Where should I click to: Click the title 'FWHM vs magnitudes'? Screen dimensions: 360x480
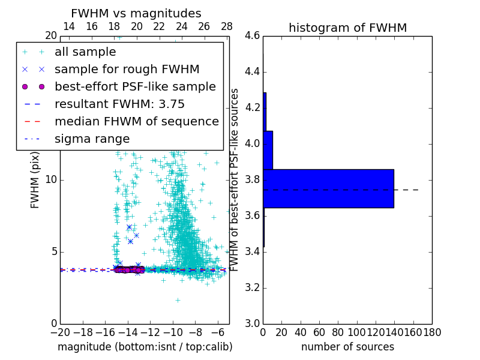[x=136, y=13]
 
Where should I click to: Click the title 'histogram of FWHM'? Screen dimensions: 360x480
[x=347, y=28]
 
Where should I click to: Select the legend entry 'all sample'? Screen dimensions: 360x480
[x=85, y=52]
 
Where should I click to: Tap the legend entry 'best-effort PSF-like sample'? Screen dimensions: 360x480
[x=135, y=86]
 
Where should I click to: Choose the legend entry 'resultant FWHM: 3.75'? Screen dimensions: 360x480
[x=119, y=104]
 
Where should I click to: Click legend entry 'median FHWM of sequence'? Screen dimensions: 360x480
[x=136, y=121]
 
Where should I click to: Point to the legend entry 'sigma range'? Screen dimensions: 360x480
[x=92, y=139]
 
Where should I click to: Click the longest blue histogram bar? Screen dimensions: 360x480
[x=328, y=188]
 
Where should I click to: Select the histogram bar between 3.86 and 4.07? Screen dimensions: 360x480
[x=268, y=150]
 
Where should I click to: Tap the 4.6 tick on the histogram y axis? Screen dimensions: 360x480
[x=252, y=36]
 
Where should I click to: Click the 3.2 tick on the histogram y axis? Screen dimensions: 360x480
[x=252, y=287]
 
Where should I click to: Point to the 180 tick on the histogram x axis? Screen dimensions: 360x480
[x=432, y=332]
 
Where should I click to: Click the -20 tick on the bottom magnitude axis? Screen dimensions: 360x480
[x=60, y=332]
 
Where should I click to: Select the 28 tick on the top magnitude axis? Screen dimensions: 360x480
[x=227, y=26]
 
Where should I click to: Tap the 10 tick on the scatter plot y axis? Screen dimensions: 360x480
[x=51, y=180]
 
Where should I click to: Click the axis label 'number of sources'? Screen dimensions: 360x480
[x=347, y=347]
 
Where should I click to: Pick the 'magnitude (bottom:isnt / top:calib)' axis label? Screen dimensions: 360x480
[x=145, y=347]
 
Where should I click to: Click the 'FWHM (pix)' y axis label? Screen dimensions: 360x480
[x=35, y=180]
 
